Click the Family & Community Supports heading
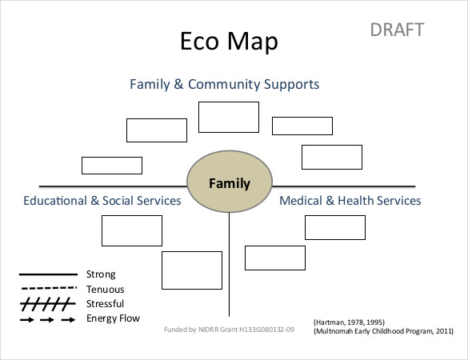pos(225,84)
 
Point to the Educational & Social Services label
pos(102,201)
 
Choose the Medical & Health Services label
pos(350,201)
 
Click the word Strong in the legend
pos(101,274)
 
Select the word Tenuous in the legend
pos(105,289)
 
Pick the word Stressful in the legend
pos(105,303)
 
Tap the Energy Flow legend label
pos(113,318)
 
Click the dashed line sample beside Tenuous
pos(47,289)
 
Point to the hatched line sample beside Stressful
pos(47,304)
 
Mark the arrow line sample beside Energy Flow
pos(47,319)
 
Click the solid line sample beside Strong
pos(47,274)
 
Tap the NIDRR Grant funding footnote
pos(229,329)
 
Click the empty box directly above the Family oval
pos(229,117)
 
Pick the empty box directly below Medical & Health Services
pos(334,227)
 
